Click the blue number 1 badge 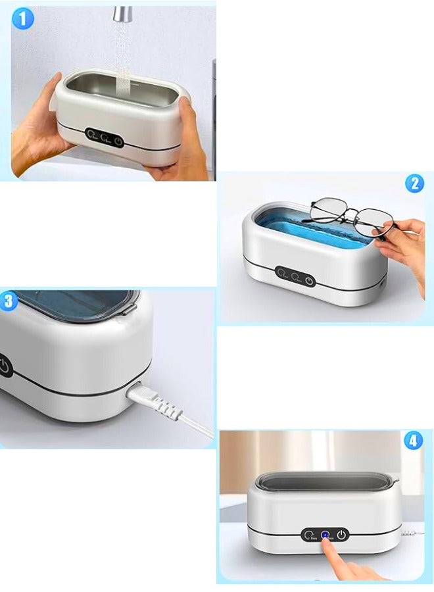pos(22,18)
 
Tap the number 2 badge pos(414,184)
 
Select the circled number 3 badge pos(9,302)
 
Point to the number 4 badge pos(412,440)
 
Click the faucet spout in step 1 pos(122,13)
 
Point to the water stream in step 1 pos(122,59)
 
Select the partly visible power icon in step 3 pos(4,366)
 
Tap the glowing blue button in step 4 pos(325,535)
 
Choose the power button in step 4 pos(341,535)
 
